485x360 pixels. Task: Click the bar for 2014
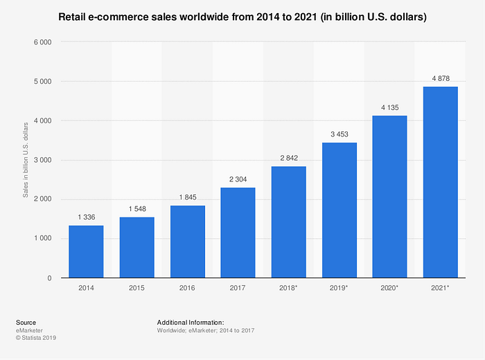coord(86,251)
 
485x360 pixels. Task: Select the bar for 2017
coord(238,233)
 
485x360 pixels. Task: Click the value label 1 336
coord(86,217)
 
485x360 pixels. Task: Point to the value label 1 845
coord(188,197)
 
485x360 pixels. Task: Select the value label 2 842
coord(289,159)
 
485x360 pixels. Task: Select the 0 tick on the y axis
coord(51,278)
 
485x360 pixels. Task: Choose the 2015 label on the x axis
coord(137,288)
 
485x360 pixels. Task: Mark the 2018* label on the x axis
coord(289,288)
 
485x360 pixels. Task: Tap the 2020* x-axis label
coord(390,288)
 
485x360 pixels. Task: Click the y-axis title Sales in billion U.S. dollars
coord(26,160)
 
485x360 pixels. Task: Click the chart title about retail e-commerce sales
coord(242,16)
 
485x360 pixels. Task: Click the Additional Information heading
coord(191,323)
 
